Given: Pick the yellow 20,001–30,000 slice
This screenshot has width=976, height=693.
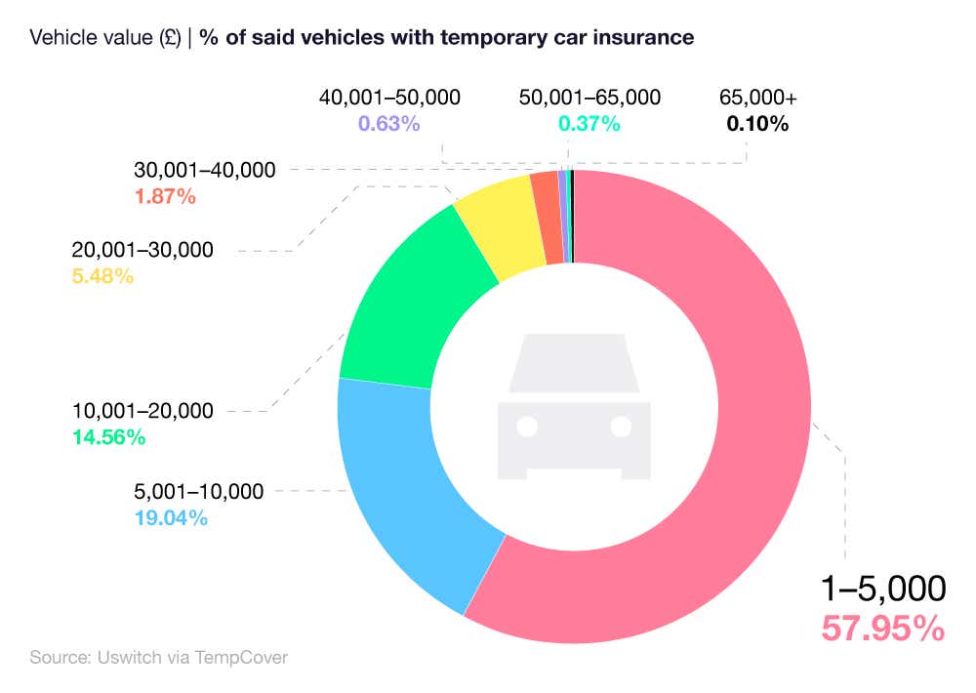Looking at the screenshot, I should pyautogui.click(x=498, y=229).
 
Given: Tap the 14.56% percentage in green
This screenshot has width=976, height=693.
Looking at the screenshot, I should pyautogui.click(x=108, y=437).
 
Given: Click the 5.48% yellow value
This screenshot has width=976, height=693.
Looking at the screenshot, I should pyautogui.click(x=102, y=276).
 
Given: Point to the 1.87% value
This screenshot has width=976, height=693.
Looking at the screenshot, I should pyautogui.click(x=164, y=196).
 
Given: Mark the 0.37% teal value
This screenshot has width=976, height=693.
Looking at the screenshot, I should pyautogui.click(x=589, y=124).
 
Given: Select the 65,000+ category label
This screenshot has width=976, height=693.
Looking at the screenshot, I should pyautogui.click(x=757, y=98).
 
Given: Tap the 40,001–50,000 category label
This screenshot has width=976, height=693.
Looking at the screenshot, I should pyautogui.click(x=389, y=98).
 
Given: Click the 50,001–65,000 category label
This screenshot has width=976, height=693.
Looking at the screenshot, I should pyautogui.click(x=590, y=98).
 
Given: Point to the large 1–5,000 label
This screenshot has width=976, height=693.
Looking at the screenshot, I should pyautogui.click(x=882, y=589).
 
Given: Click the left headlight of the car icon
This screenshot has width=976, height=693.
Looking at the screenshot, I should pyautogui.click(x=527, y=427).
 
